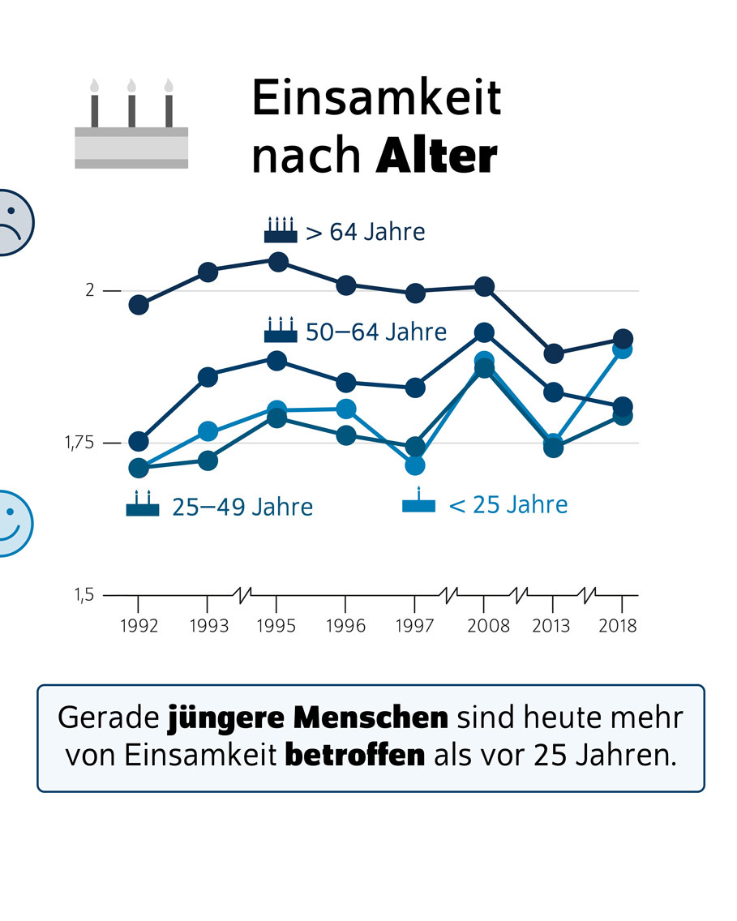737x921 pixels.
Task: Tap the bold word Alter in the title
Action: [436, 156]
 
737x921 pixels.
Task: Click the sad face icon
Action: [12, 222]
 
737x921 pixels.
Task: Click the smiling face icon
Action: [12, 523]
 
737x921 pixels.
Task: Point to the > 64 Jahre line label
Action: [365, 232]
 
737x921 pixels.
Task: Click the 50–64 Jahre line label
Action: [376, 332]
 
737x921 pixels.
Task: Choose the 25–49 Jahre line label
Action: [242, 508]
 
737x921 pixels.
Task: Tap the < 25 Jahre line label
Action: [508, 505]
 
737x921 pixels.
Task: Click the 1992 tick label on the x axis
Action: [138, 626]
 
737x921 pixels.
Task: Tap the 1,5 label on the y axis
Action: [84, 595]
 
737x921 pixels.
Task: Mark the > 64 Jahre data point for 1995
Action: [277, 262]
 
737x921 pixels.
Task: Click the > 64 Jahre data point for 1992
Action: [139, 305]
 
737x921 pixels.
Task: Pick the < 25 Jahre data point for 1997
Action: [415, 465]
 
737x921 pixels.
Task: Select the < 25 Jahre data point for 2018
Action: [622, 349]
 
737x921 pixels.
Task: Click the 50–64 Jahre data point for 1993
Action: [208, 377]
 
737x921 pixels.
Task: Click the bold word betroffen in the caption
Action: [355, 755]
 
